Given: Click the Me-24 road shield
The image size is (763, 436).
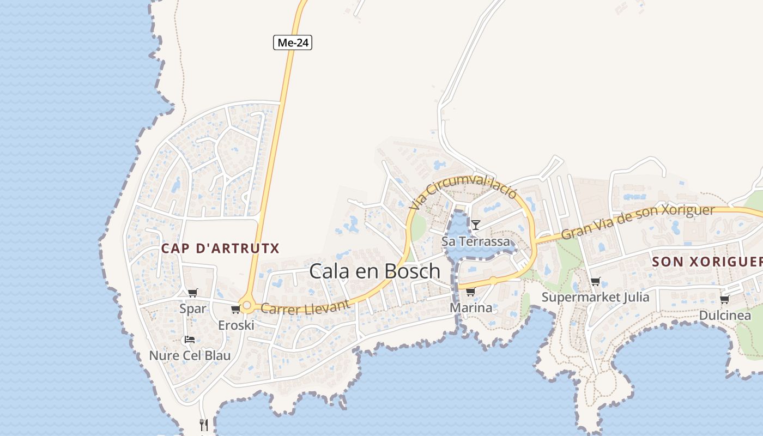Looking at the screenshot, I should point(293,43).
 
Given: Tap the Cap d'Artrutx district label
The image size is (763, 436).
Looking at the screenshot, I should point(220,249).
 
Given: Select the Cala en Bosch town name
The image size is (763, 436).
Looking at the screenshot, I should point(374,271).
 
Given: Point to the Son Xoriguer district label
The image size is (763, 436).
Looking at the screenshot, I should point(707,262).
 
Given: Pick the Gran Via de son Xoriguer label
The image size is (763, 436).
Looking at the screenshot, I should point(638,222).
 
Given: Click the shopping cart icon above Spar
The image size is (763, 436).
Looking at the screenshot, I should point(192,293).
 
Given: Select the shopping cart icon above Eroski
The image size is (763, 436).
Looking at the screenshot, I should point(236,310).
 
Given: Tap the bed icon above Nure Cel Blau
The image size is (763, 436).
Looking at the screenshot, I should point(189,340).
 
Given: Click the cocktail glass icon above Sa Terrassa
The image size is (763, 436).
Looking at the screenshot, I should point(476,225).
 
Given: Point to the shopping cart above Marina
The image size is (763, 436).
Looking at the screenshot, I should point(470,292).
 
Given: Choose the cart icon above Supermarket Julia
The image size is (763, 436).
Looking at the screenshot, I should point(595,282).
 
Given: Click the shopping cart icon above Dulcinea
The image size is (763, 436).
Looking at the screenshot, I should point(724,300).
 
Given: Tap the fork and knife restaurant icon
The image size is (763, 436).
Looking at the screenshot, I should point(204,425).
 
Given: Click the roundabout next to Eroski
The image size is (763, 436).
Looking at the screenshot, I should point(247,306).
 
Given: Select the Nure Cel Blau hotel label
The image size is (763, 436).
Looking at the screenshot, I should point(190,355).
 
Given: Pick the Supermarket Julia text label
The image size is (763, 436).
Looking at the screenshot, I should point(595,297).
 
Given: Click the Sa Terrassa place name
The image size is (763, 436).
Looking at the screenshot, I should point(476,241).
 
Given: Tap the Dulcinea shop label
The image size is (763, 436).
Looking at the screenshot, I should point(724,315).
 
